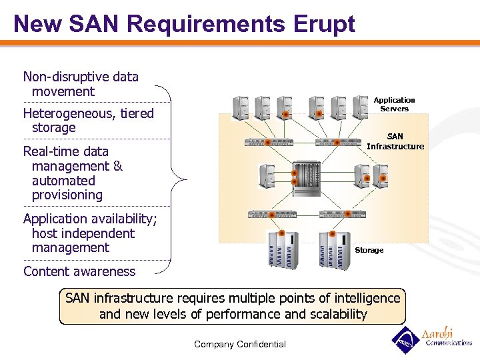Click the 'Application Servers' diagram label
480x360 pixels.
pyautogui.click(x=394, y=104)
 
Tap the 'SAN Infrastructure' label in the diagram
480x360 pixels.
pyautogui.click(x=395, y=141)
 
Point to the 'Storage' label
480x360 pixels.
pyautogui.click(x=369, y=250)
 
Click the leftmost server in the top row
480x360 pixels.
pyautogui.click(x=241, y=107)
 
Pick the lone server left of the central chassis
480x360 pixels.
pyautogui.click(x=267, y=175)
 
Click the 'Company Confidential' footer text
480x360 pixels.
pyautogui.click(x=240, y=344)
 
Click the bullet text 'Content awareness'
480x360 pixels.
pyautogui.click(x=79, y=271)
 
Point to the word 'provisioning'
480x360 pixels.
pyautogui.click(x=67, y=195)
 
